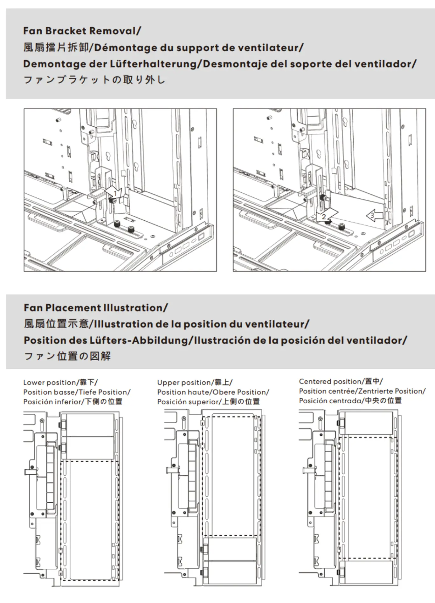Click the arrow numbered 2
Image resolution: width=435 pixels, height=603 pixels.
325,217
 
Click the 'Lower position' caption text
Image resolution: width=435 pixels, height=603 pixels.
50,383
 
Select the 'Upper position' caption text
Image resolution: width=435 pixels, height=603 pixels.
184,383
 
